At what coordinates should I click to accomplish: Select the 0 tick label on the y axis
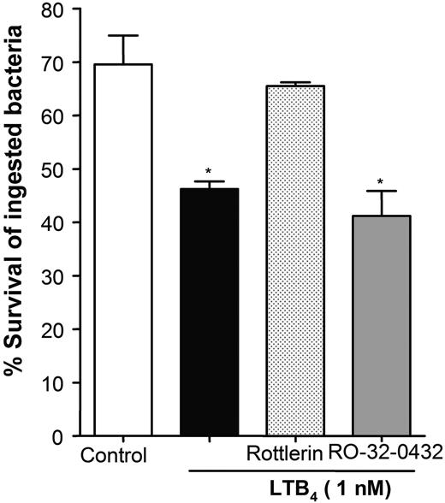pyautogui.click(x=63, y=436)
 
